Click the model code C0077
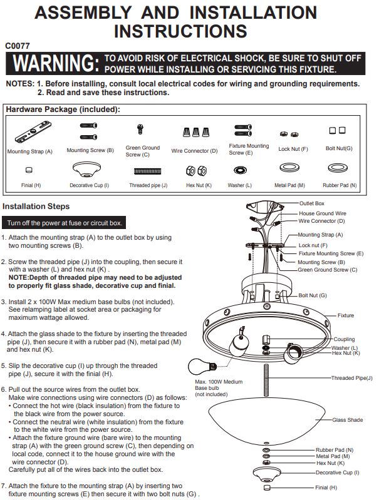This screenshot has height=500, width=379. pyautogui.click(x=18, y=46)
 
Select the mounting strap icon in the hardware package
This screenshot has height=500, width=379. pyautogui.click(x=33, y=132)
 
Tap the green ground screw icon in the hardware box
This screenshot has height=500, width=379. pyautogui.click(x=140, y=129)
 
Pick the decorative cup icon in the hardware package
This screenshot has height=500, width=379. pyautogui.click(x=86, y=170)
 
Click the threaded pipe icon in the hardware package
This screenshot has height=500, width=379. pyautogui.click(x=147, y=171)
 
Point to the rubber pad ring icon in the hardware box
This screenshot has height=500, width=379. pyautogui.click(x=338, y=168)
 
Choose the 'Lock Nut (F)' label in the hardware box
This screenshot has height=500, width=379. pyautogui.click(x=293, y=149)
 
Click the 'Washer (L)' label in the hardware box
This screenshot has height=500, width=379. pyautogui.click(x=239, y=185)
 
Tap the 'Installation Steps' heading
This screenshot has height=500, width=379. pyautogui.click(x=36, y=207)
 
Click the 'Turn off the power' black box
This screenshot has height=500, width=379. pyautogui.click(x=64, y=223)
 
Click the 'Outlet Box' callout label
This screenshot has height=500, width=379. pyautogui.click(x=311, y=203)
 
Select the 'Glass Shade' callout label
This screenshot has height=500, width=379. pyautogui.click(x=348, y=420)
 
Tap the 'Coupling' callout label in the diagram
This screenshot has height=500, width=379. pyautogui.click(x=344, y=339)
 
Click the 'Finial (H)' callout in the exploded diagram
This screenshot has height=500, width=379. pyautogui.click(x=326, y=487)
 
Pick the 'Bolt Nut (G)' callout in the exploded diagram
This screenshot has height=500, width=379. pyautogui.click(x=313, y=295)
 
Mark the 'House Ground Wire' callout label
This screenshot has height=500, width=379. pyautogui.click(x=323, y=213)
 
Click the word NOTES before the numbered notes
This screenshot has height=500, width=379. pyautogui.click(x=20, y=84)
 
